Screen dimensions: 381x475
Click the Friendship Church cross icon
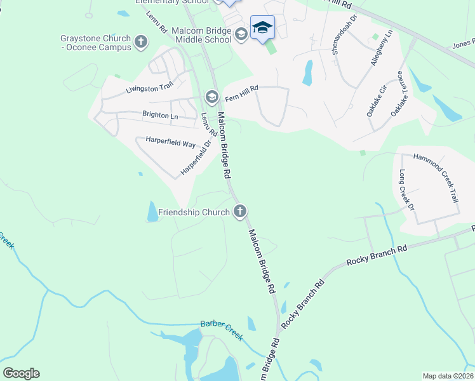click(239, 211)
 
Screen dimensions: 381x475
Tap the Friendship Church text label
click(194, 212)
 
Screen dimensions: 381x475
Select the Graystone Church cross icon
click(141, 43)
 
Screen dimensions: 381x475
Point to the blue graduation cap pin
click(262, 28)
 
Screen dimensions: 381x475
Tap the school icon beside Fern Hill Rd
click(211, 97)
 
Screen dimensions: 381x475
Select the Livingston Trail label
click(149, 89)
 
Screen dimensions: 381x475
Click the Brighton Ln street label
click(160, 116)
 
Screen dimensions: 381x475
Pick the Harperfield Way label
click(170, 144)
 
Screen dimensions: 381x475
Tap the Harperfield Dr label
click(195, 157)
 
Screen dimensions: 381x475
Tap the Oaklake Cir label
click(377, 100)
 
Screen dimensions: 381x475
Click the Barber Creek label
click(222, 329)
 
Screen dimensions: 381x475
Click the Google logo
click(21, 373)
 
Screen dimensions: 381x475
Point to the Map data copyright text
click(448, 376)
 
